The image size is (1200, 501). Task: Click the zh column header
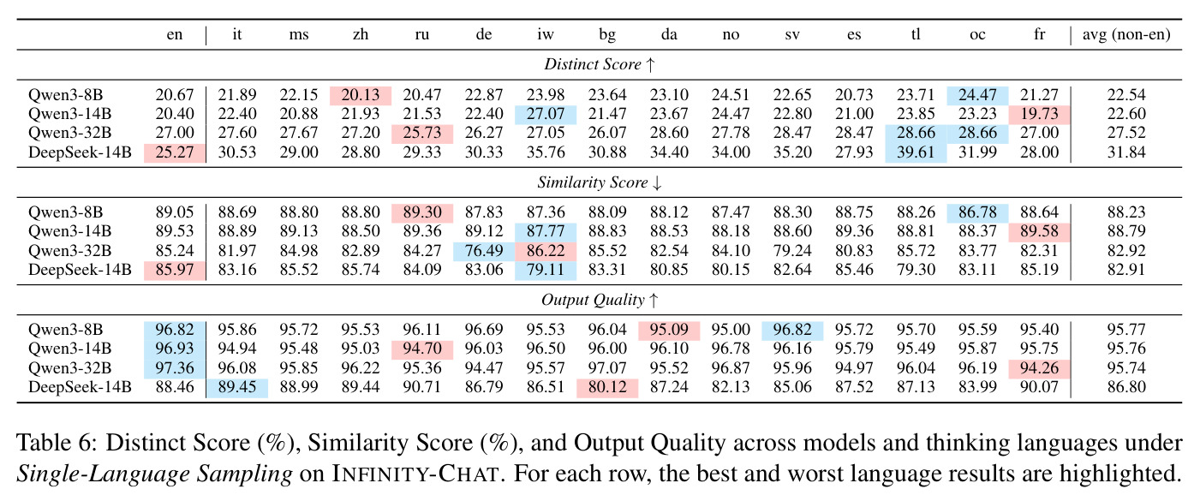(x=361, y=35)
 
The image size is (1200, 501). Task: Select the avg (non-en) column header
(x=1126, y=35)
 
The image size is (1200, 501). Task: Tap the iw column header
(x=546, y=34)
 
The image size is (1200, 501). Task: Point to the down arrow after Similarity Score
(x=657, y=183)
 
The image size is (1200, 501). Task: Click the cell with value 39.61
(x=916, y=152)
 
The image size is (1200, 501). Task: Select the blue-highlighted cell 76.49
(x=484, y=251)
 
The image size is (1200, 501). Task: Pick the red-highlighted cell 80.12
(x=607, y=387)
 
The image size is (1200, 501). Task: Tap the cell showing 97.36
(x=175, y=368)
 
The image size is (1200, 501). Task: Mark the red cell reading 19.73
(x=1039, y=114)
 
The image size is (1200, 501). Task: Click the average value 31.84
(x=1126, y=152)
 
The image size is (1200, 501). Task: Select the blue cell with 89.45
(x=236, y=387)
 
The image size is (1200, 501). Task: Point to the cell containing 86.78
(x=977, y=212)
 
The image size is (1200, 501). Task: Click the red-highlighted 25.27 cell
(x=175, y=152)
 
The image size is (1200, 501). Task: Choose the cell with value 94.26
(x=1039, y=368)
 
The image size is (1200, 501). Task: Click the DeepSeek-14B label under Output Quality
(x=80, y=387)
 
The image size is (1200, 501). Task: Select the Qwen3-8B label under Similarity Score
(x=65, y=212)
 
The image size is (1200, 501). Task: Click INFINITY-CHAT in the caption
(x=415, y=474)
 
